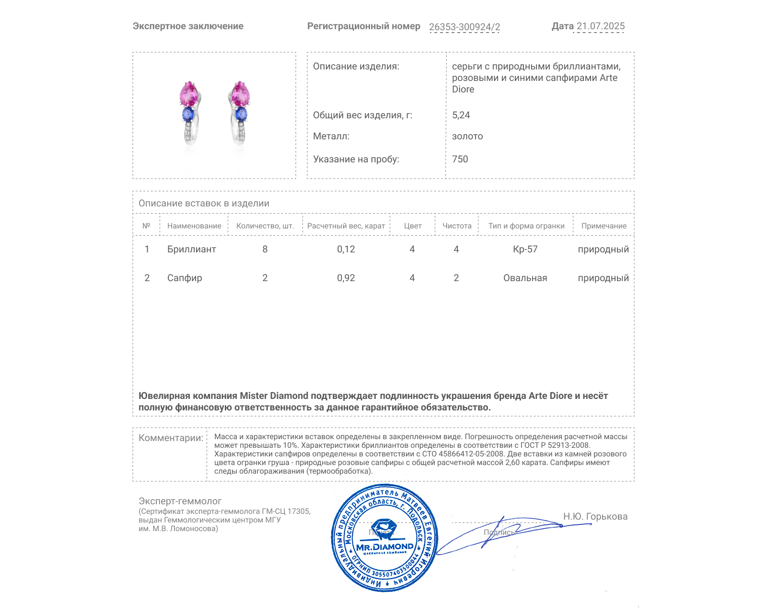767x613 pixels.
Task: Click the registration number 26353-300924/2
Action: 464,27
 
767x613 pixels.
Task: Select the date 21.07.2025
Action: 600,26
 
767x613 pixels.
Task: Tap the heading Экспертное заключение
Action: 188,26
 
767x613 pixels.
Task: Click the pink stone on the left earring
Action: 189,93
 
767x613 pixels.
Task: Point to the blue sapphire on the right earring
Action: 241,114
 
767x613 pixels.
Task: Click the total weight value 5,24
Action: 461,115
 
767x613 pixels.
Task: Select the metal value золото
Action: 467,136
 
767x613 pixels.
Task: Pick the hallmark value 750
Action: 460,159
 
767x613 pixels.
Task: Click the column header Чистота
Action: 456,226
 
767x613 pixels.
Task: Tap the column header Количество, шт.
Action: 265,226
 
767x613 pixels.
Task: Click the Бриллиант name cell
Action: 191,250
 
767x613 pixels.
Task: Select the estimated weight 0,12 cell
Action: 346,250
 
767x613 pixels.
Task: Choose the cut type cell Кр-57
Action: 525,250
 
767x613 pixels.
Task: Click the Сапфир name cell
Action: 185,278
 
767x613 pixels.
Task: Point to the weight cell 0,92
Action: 346,278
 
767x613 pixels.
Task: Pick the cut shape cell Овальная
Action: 525,278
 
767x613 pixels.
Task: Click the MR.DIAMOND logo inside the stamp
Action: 384,546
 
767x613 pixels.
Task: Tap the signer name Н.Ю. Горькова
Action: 595,517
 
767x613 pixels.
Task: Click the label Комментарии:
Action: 171,438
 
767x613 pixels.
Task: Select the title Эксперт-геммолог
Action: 180,501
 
